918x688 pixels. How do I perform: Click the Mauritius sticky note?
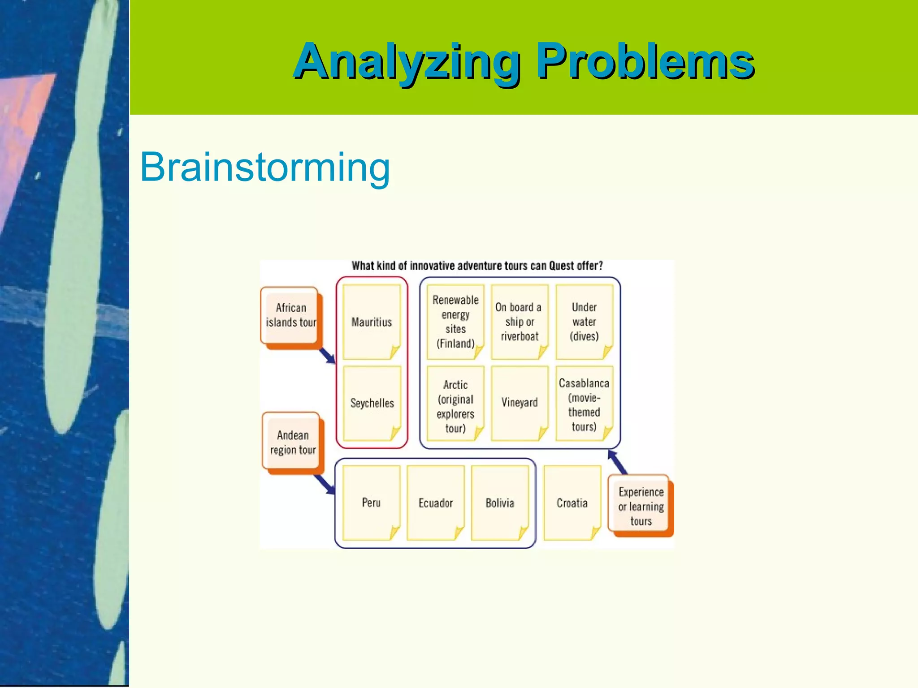click(x=371, y=322)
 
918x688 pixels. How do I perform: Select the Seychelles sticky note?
click(x=372, y=403)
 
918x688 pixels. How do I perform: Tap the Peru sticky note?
click(x=371, y=503)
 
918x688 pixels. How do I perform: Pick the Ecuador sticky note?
click(x=435, y=503)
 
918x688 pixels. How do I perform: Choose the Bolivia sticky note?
click(x=500, y=503)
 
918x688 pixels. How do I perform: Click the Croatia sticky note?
click(x=572, y=503)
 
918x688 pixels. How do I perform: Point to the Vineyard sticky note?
click(x=520, y=403)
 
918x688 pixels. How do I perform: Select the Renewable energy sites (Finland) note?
click(x=455, y=322)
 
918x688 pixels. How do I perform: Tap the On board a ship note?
click(x=520, y=322)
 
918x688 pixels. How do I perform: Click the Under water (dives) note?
click(x=584, y=322)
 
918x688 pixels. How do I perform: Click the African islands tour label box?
click(x=290, y=316)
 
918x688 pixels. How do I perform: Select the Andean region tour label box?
click(x=292, y=442)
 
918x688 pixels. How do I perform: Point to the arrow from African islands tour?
click(x=327, y=356)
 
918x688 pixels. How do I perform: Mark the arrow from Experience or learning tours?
click(x=617, y=462)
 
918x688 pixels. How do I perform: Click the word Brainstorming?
click(x=265, y=167)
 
